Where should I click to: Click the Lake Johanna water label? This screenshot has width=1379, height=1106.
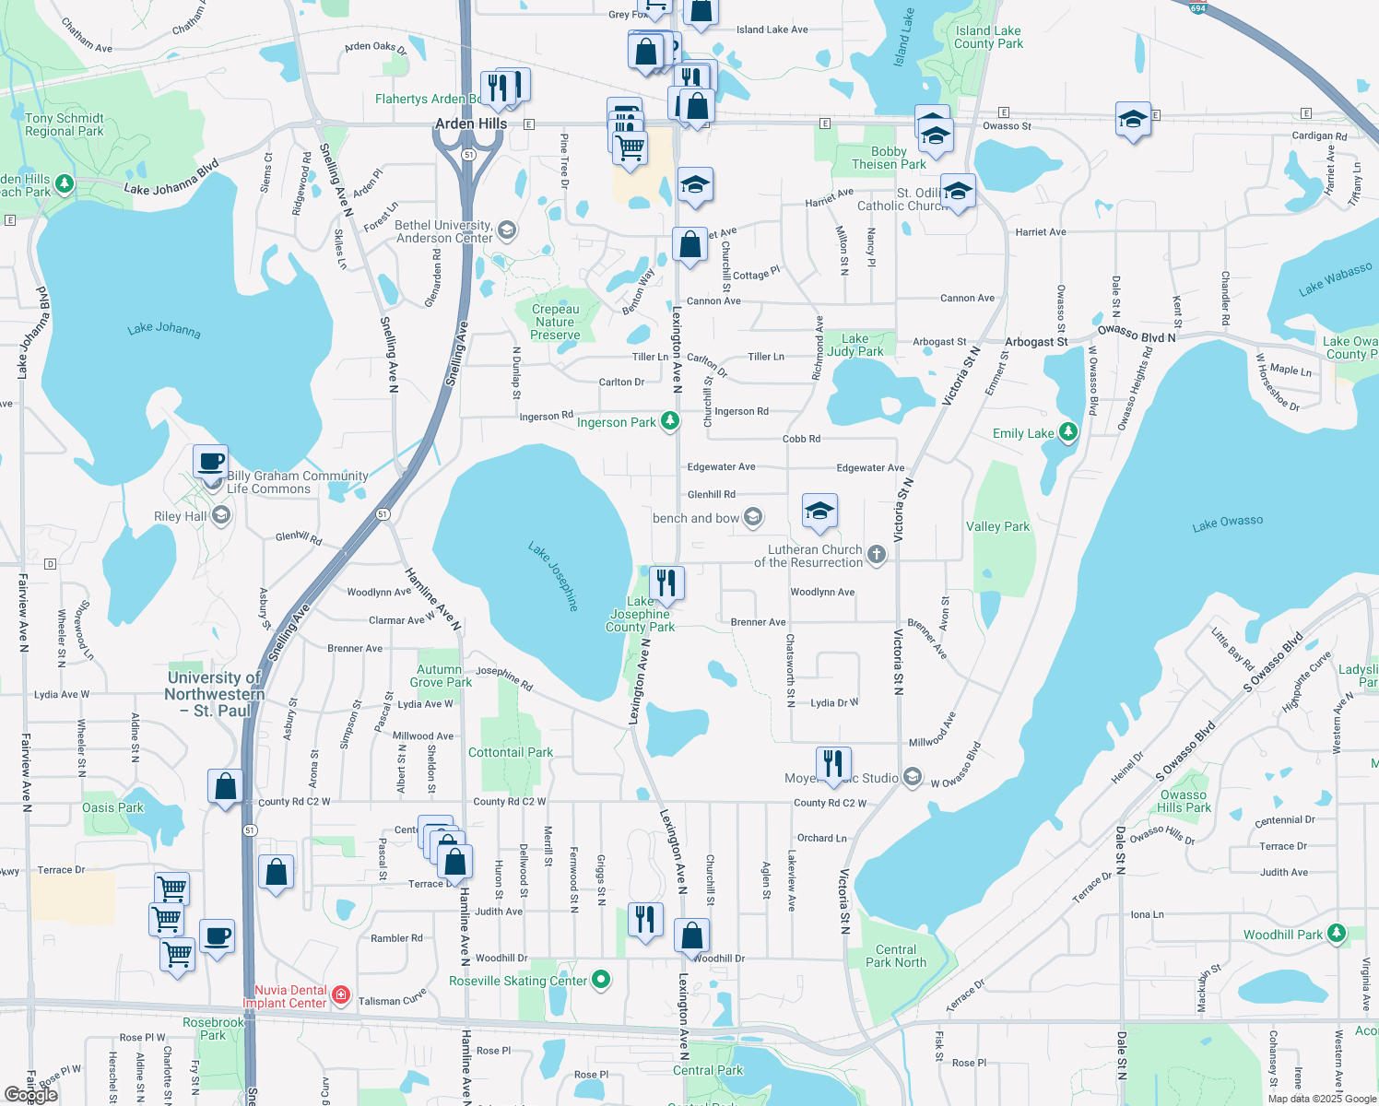(164, 329)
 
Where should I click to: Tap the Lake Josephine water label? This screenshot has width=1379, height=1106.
(553, 576)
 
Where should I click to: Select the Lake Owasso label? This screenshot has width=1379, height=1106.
(1227, 524)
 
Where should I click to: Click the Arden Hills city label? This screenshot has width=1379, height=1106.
(471, 124)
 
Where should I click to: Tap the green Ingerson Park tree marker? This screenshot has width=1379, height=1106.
(670, 421)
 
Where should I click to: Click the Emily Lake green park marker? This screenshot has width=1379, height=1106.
(1067, 431)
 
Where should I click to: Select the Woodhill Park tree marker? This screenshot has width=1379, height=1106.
(1336, 934)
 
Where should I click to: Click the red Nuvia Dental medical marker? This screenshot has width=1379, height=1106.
(341, 994)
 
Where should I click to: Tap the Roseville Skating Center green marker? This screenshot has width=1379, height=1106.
(601, 979)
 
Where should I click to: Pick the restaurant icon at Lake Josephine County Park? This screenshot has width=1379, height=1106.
(666, 583)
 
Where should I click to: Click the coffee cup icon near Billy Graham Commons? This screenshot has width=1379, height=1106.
(211, 461)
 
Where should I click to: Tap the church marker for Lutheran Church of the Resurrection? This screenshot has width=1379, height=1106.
(877, 554)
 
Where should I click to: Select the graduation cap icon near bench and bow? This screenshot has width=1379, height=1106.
(819, 512)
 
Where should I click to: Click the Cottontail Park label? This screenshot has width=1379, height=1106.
(511, 752)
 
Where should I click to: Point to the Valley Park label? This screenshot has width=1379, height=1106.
(997, 526)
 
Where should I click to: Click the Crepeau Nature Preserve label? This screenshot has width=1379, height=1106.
(555, 322)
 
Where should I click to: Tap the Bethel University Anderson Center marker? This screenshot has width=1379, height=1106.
(506, 229)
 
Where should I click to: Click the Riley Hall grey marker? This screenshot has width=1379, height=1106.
(220, 515)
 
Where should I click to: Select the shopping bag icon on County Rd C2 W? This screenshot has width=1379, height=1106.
(225, 787)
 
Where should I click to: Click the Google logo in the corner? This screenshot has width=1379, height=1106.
(30, 1094)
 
